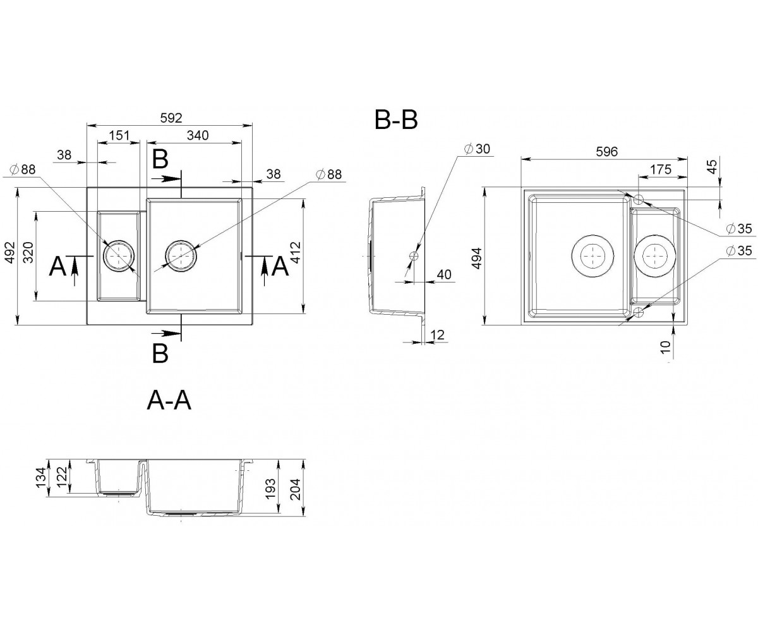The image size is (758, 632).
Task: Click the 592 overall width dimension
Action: point(171,118)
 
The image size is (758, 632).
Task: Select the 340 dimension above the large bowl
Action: point(198,135)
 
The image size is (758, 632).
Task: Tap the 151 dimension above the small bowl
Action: point(119,135)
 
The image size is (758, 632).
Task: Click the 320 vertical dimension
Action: point(28,252)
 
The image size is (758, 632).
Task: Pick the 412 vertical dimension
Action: point(296,252)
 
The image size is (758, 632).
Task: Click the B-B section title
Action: point(396,120)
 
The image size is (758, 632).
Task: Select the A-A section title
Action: point(169,401)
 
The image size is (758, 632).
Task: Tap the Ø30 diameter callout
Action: point(477,149)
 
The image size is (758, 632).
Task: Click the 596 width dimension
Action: point(606,152)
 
